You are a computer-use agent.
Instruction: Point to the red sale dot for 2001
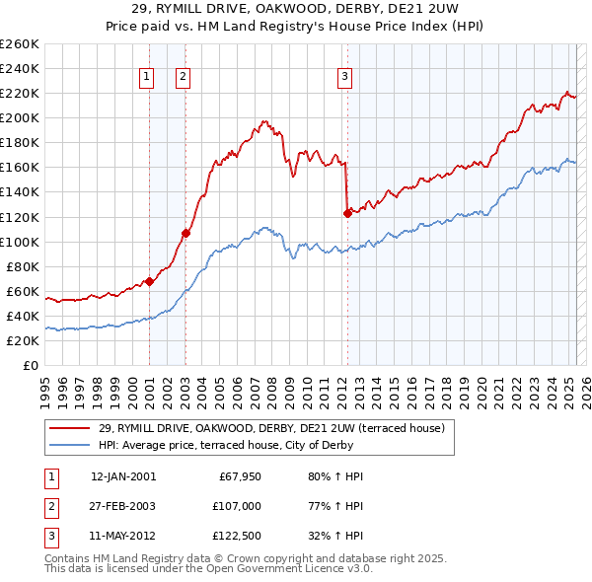(149, 281)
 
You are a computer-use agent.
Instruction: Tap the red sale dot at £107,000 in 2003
(185, 233)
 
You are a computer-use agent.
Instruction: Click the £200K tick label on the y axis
(20, 117)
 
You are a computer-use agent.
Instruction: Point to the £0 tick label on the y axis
(31, 365)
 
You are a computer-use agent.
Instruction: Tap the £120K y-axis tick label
(20, 217)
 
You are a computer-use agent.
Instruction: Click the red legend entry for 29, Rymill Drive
(271, 427)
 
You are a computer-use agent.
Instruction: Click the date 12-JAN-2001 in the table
(123, 476)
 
